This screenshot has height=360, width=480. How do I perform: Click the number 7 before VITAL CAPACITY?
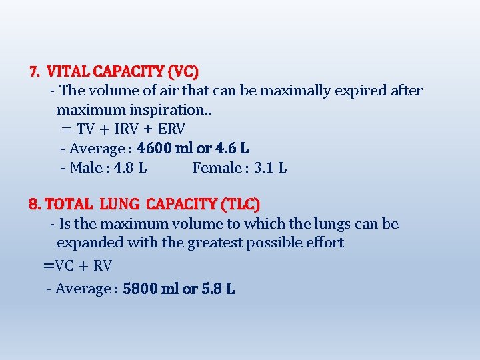point(34,71)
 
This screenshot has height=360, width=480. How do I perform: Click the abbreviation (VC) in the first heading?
point(184,71)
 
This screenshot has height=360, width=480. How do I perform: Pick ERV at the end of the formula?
point(172,129)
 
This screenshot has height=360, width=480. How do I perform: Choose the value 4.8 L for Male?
point(131,167)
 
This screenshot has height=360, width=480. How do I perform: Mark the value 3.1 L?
point(271,167)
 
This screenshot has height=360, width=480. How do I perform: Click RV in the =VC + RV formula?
point(102,266)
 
